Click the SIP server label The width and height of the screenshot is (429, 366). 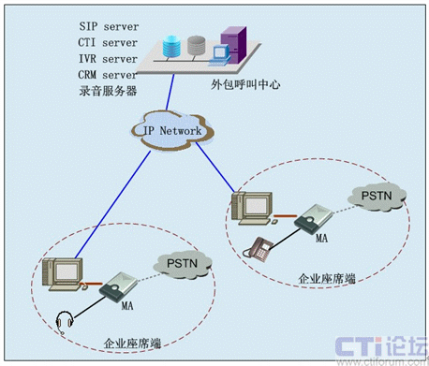(x=109, y=26)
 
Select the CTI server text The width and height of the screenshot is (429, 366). (x=108, y=42)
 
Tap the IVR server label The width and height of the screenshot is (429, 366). (x=108, y=59)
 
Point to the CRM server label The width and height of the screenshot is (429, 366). (x=108, y=75)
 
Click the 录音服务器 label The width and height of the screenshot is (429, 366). (x=108, y=91)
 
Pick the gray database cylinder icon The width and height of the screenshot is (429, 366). (x=197, y=46)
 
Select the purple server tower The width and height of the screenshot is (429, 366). (x=233, y=45)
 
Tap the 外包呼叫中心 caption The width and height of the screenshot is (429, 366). (x=245, y=84)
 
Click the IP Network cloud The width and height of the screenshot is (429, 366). (x=172, y=131)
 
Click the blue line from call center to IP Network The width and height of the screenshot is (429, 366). (x=170, y=92)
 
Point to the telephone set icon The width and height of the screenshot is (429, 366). (x=258, y=249)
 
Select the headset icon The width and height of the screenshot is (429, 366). (x=65, y=322)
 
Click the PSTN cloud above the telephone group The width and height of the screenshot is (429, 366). (x=377, y=197)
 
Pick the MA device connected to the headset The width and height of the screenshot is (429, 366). (x=118, y=287)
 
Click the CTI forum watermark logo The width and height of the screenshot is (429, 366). (x=381, y=350)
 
